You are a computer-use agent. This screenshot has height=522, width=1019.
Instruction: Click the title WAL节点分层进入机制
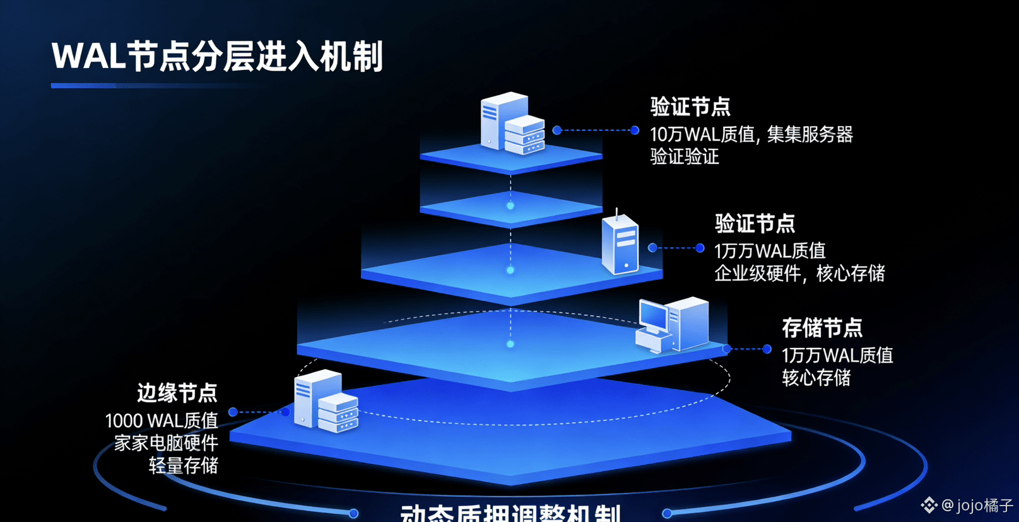217,57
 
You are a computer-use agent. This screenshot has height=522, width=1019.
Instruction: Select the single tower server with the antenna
620,243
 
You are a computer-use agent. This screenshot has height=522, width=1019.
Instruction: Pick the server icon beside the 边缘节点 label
326,402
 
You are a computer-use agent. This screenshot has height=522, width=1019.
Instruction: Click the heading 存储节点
822,328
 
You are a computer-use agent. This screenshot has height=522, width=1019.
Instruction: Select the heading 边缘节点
177,393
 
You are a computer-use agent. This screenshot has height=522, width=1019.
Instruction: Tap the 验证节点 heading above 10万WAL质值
690,107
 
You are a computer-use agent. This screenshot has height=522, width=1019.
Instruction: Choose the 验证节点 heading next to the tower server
755,223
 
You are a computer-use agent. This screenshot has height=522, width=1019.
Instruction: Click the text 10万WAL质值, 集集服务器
751,134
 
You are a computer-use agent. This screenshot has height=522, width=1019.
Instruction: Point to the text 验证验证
685,157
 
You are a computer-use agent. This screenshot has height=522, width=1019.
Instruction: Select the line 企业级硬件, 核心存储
799,274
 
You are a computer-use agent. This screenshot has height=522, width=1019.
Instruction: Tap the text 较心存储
816,378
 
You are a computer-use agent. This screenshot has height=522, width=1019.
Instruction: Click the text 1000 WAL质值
162,420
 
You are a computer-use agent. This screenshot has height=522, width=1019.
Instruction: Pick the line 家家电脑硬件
166,443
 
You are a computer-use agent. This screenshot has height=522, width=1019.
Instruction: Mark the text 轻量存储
183,465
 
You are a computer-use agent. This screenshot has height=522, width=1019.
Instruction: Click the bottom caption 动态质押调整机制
511,513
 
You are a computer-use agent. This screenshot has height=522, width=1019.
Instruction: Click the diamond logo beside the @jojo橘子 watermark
929,505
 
